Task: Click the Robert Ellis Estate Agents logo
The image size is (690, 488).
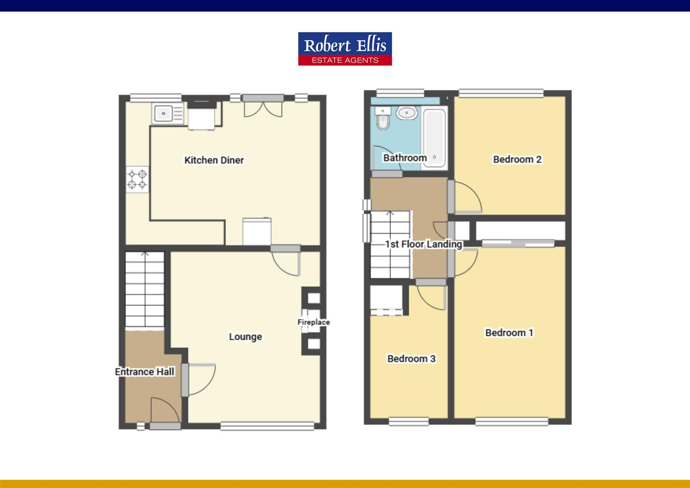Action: coord(345,48)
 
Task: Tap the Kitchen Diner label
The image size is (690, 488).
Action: coord(214,160)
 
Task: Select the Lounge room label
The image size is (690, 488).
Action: coord(245,337)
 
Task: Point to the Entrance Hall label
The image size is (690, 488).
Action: coord(145,372)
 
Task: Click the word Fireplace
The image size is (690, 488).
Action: coord(313,322)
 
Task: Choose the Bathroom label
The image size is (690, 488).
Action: coord(405,158)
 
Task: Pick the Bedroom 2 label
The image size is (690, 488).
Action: coord(517,159)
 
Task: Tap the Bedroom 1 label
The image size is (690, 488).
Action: coord(509,333)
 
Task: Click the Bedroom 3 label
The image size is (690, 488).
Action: coord(411,358)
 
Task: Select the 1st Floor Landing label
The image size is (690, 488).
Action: coord(424,244)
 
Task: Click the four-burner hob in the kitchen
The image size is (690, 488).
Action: coord(137,179)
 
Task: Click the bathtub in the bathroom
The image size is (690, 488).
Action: coord(434,138)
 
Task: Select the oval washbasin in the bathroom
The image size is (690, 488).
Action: coord(407,113)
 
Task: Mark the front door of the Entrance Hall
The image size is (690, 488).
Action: coord(165,412)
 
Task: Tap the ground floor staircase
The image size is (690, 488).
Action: coord(145,289)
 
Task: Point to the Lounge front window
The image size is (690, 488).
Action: coord(267,425)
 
